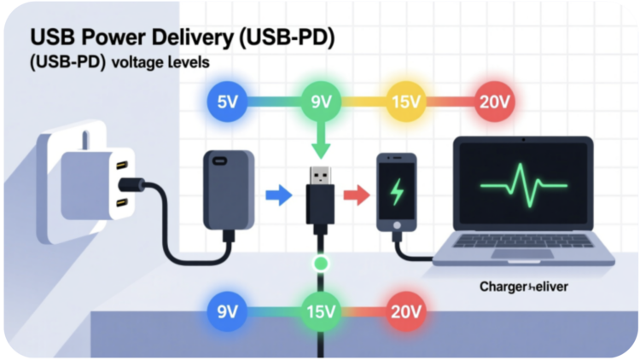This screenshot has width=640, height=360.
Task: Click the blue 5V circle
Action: pos(227,103)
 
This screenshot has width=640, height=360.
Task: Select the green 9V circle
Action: pos(320,103)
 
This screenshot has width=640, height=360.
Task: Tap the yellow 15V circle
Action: pos(406,103)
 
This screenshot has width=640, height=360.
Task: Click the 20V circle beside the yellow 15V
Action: pos(495,103)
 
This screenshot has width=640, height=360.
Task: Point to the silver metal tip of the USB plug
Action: pos(319,175)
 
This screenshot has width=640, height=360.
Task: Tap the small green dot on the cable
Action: pos(320,263)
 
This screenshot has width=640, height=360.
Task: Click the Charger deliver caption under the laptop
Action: pos(524,287)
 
